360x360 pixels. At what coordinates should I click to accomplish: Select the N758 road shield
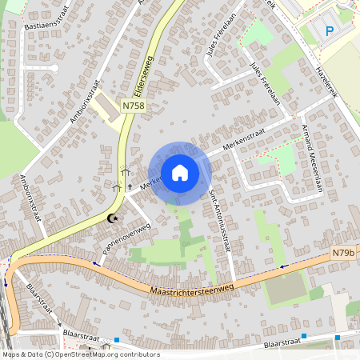[133, 106]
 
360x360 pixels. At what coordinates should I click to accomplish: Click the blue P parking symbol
[329, 31]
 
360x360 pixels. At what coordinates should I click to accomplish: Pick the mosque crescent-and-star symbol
[113, 218]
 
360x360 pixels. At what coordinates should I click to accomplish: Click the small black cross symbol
[130, 186]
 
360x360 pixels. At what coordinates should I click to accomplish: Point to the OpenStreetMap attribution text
[80, 354]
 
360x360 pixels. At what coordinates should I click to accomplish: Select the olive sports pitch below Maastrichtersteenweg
[286, 289]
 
